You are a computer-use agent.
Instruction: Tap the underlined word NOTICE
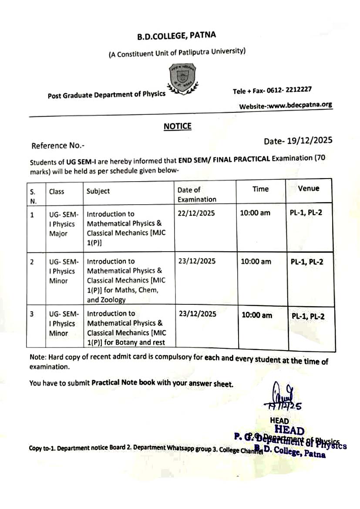[177, 126]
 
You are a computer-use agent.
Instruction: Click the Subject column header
[98, 191]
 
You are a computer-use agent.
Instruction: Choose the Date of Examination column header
[196, 195]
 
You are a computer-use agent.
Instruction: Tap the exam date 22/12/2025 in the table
[196, 213]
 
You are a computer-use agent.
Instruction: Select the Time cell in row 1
[255, 213]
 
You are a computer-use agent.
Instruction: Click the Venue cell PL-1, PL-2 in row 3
[308, 317]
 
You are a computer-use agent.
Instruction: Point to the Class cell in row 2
[63, 271]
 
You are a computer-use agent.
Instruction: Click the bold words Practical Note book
[119, 384]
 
